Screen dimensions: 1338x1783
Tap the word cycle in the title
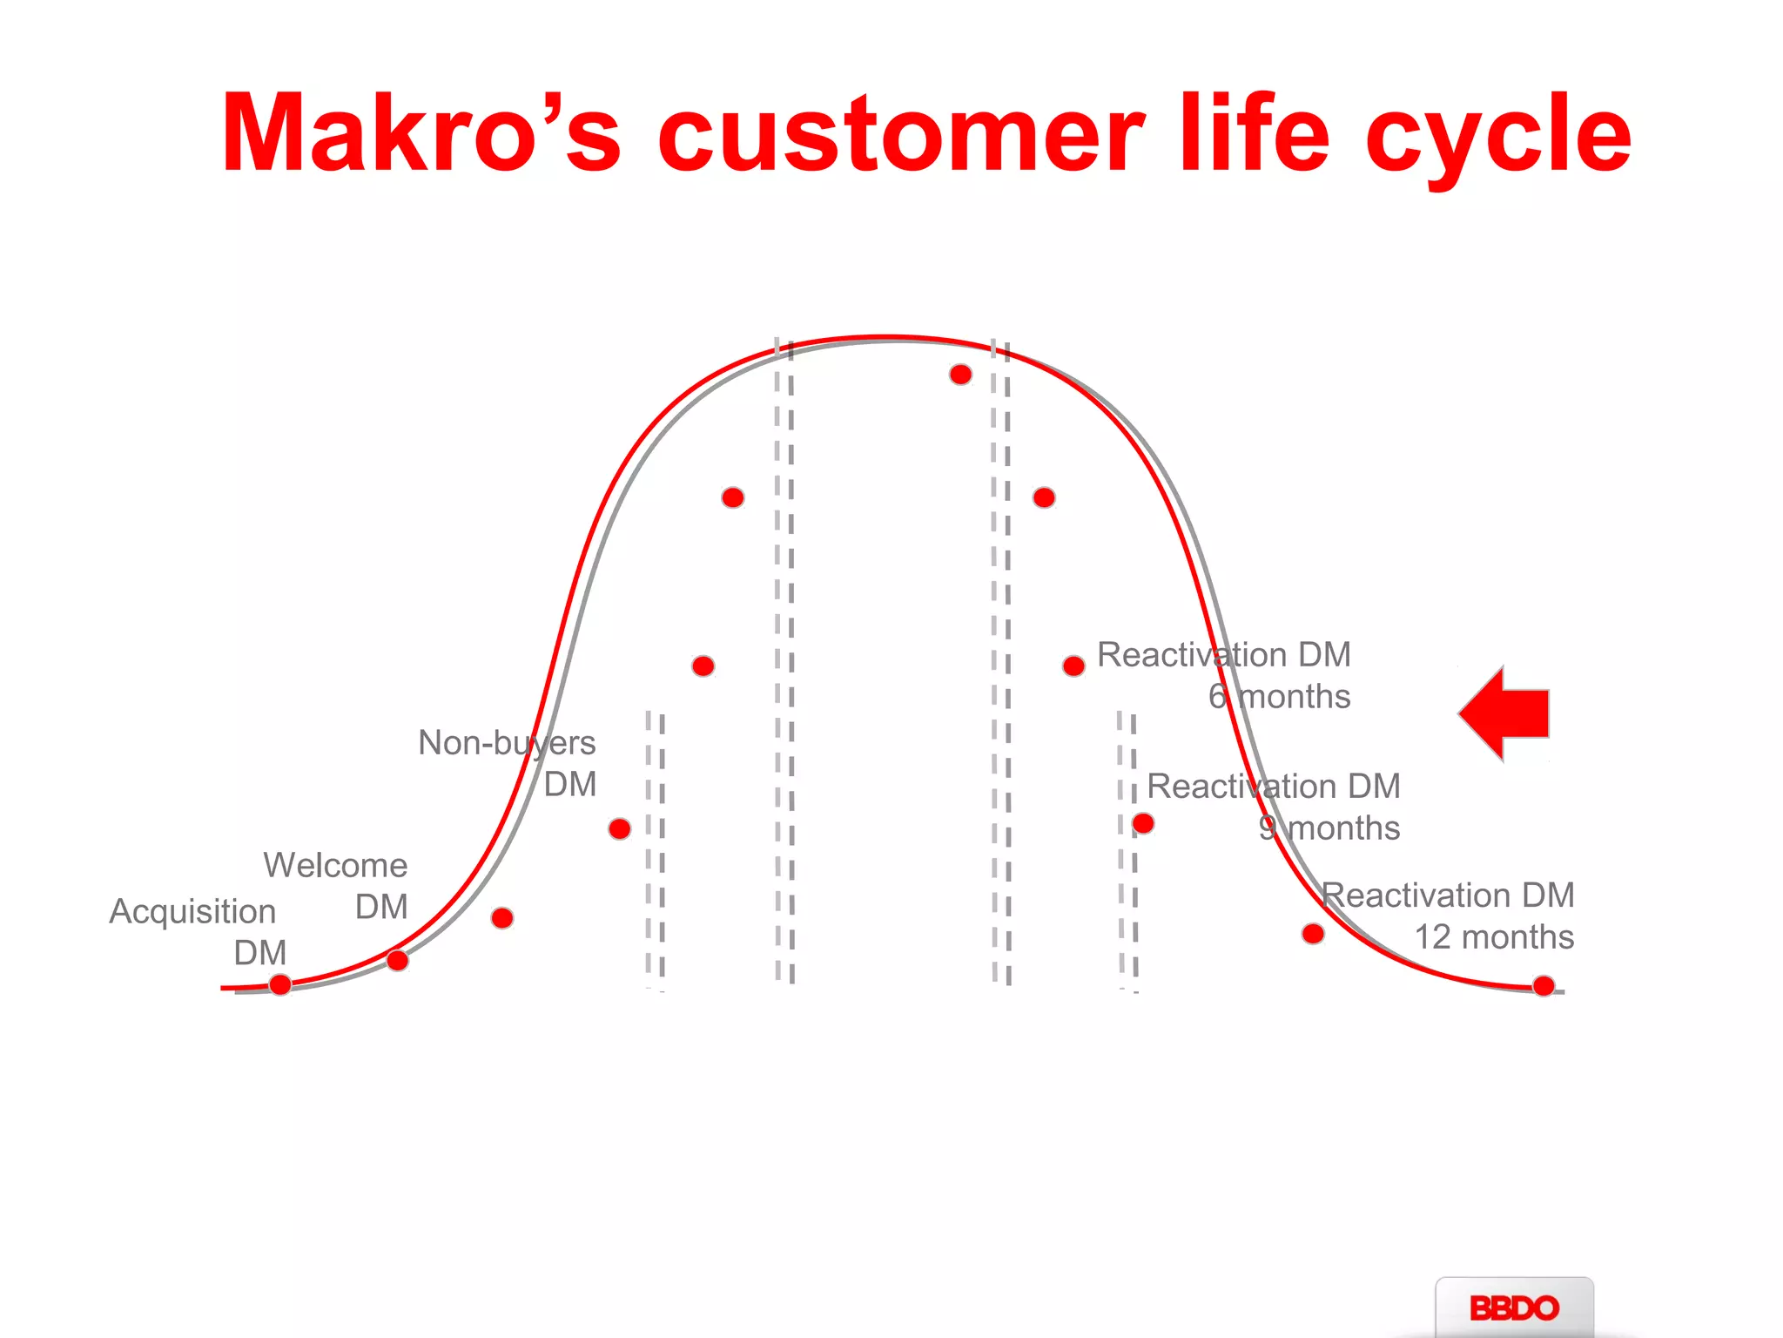(x=1497, y=139)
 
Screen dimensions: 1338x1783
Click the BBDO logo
(x=1514, y=1308)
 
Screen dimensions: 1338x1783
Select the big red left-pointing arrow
(x=1506, y=713)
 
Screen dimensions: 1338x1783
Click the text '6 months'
(x=1279, y=696)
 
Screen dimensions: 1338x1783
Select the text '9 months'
(x=1329, y=828)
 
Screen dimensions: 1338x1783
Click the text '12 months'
(x=1493, y=936)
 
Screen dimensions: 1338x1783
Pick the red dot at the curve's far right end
(x=1544, y=986)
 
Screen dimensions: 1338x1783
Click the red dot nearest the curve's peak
(x=960, y=375)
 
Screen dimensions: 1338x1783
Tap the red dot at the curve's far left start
(x=280, y=984)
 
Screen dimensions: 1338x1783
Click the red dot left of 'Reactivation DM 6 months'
(x=1073, y=666)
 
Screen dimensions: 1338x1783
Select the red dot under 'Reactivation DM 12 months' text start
(x=1313, y=934)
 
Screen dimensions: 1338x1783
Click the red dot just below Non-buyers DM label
(x=620, y=828)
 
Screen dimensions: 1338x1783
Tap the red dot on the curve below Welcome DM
(x=397, y=960)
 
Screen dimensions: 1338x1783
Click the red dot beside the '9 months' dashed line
(x=1143, y=823)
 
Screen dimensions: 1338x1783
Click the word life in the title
(x=1254, y=135)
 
